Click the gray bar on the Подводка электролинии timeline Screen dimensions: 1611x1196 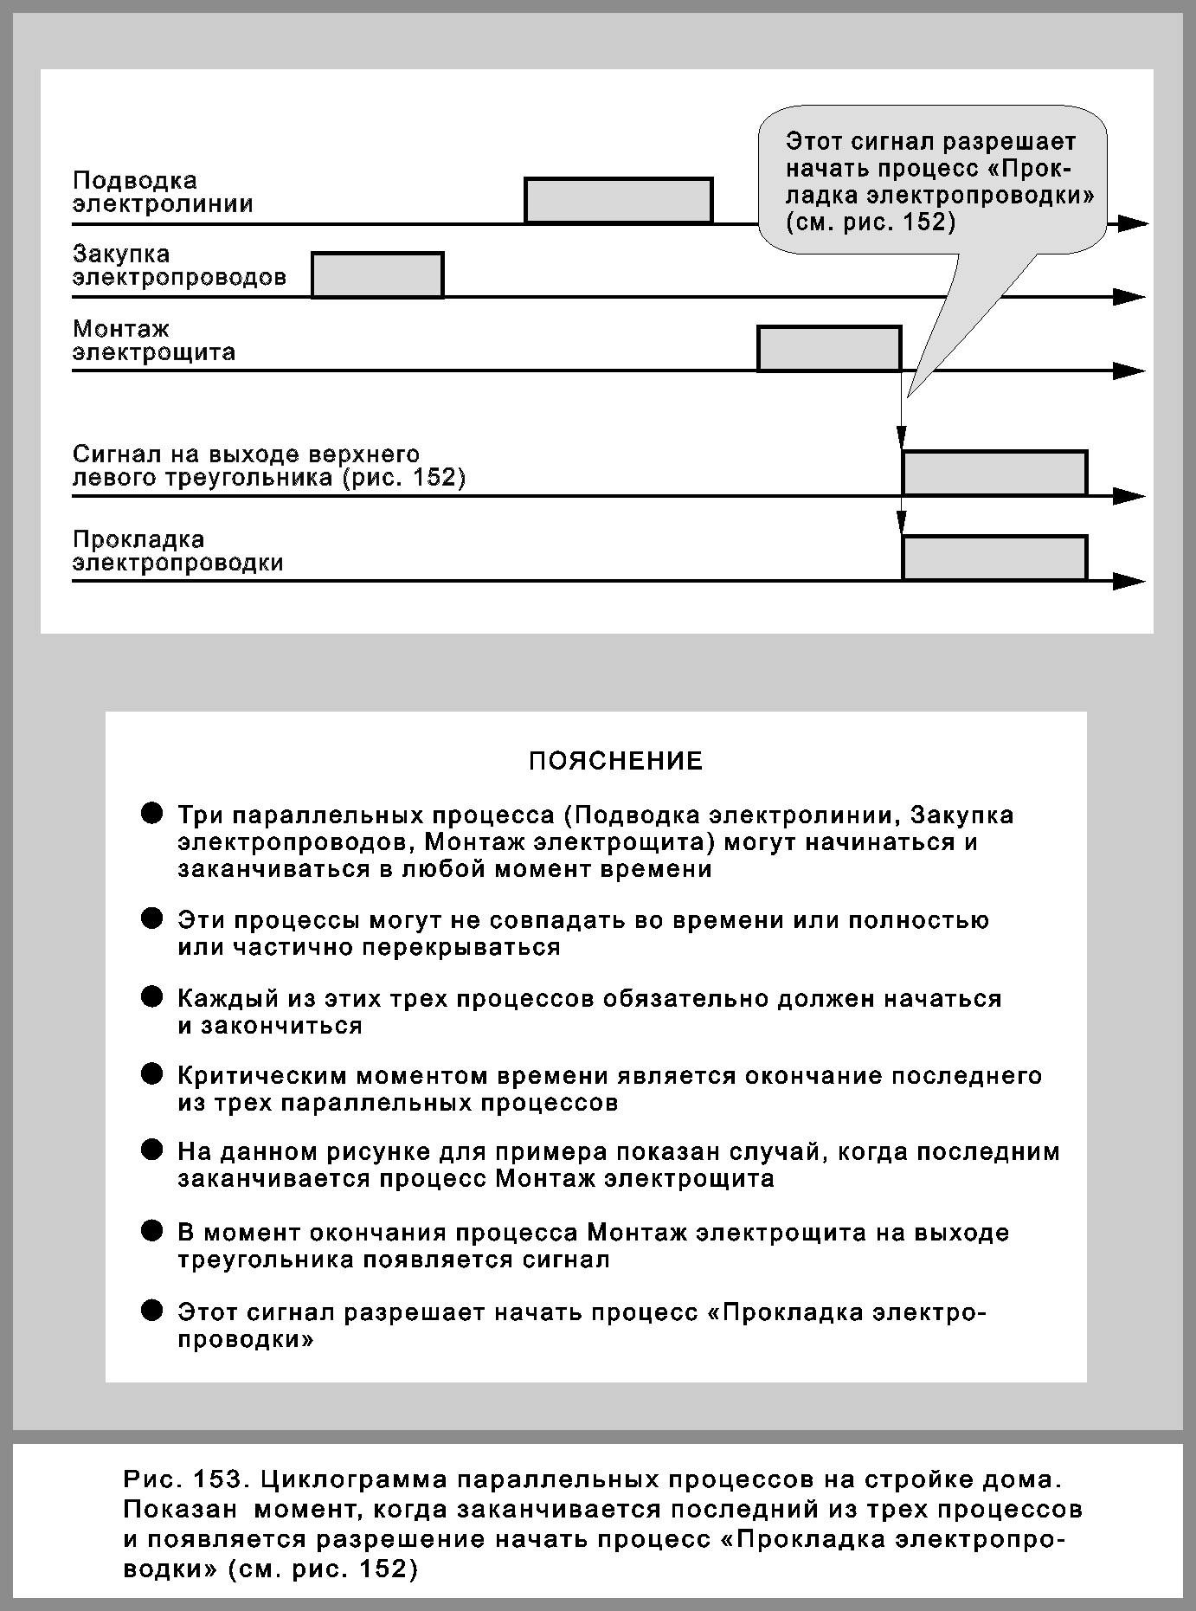pos(618,201)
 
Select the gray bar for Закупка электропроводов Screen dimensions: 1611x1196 pos(377,275)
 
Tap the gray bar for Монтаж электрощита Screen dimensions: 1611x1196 pos(829,349)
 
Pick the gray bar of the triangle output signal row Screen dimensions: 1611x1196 pos(994,474)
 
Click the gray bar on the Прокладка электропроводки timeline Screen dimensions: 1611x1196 pos(994,558)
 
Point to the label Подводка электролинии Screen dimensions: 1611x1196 pos(163,192)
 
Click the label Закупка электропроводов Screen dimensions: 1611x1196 pos(179,266)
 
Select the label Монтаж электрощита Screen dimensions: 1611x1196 pos(154,340)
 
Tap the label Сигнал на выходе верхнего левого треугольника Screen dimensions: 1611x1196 pos(269,466)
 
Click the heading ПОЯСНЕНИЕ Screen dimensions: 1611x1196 pos(615,762)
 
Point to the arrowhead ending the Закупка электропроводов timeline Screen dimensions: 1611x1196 pos(1129,297)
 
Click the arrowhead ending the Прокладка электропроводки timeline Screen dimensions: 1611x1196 pos(1129,581)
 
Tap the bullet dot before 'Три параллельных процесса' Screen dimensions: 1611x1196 pos(152,814)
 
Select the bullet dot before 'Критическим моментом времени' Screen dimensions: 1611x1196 pos(152,1075)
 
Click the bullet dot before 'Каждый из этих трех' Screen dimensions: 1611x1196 pos(152,997)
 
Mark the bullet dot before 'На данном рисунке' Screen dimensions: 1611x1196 pos(152,1150)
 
